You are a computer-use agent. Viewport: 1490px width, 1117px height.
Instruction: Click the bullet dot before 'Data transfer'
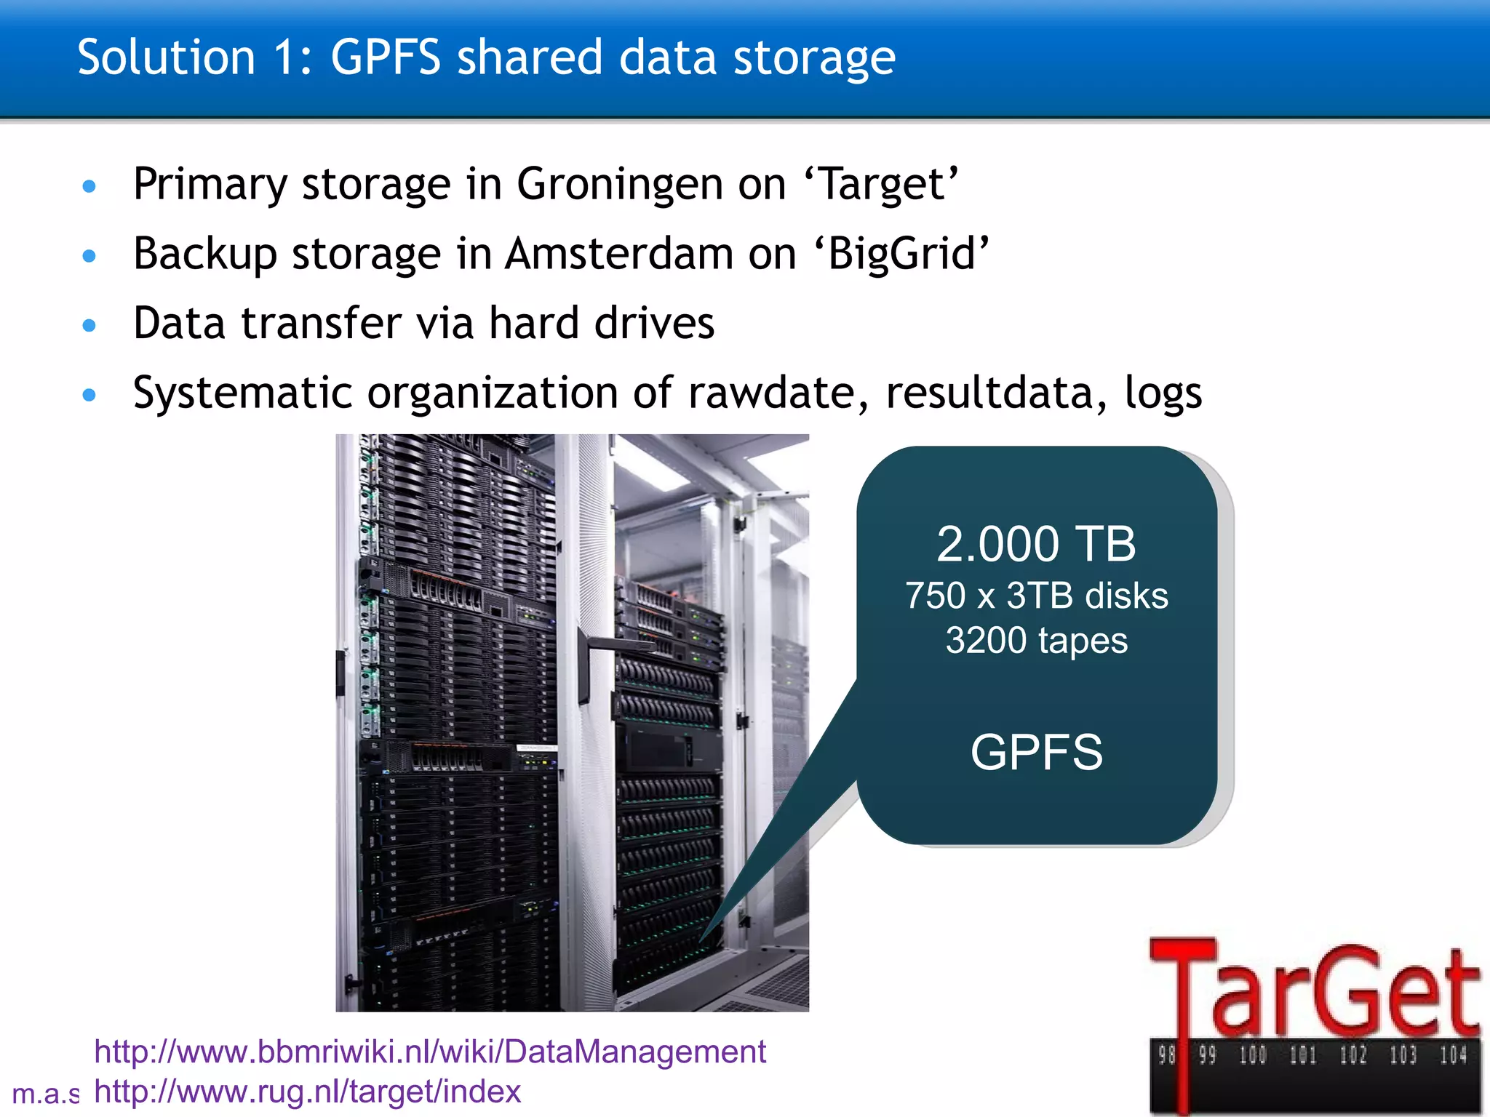pos(89,325)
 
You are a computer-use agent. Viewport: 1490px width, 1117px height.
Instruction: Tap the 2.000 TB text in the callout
pos(1035,544)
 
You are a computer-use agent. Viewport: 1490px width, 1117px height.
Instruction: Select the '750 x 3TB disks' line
pos(1036,596)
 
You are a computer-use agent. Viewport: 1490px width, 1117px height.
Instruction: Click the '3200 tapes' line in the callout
pos(1036,641)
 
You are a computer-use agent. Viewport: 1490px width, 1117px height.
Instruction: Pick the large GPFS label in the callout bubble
pos(1036,752)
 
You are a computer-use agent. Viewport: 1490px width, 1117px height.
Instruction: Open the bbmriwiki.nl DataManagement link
pos(430,1052)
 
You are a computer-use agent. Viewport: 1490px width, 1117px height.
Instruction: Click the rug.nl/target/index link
pos(308,1092)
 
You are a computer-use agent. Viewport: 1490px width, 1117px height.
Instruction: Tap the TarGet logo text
pos(1313,989)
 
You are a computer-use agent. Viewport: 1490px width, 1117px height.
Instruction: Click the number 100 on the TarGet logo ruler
pos(1253,1055)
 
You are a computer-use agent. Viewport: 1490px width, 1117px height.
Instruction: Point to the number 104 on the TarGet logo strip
pos(1453,1055)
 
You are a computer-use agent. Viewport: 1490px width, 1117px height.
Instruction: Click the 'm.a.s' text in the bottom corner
pos(45,1094)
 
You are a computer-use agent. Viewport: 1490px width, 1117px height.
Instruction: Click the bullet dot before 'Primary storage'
pos(89,187)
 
